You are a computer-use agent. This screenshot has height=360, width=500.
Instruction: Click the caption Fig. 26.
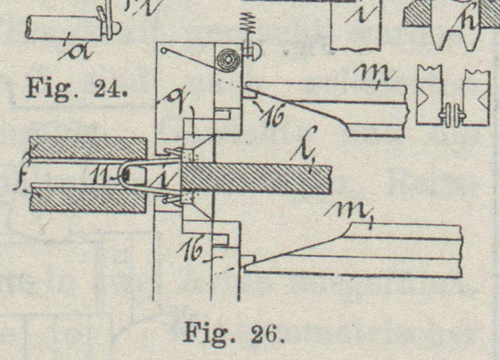click(x=234, y=332)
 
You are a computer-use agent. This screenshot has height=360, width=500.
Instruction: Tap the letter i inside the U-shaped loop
click(x=160, y=177)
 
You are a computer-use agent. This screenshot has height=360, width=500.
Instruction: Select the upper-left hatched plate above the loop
click(x=87, y=148)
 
